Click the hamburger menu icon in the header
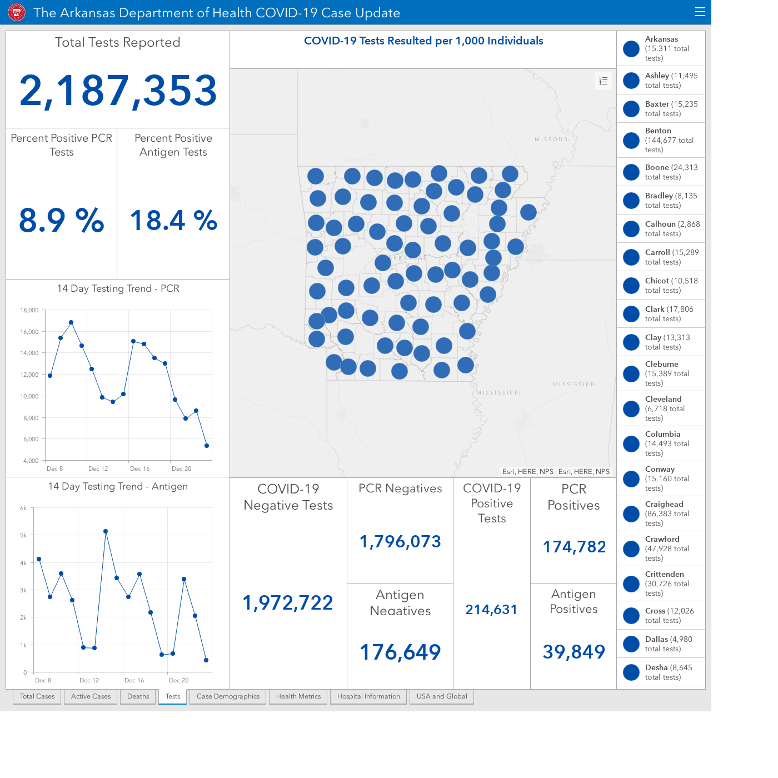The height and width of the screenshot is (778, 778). tap(700, 12)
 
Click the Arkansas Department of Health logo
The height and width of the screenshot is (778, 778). tap(17, 13)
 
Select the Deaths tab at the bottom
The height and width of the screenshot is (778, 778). tap(138, 696)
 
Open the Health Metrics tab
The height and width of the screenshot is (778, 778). tap(298, 696)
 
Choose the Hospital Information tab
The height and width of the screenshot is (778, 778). tap(368, 696)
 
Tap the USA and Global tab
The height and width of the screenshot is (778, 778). tap(442, 696)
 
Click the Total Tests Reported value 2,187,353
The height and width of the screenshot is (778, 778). tap(118, 91)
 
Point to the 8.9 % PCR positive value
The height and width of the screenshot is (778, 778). tap(61, 221)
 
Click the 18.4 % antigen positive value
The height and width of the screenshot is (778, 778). tap(173, 221)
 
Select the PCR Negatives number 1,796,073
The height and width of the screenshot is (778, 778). tap(400, 541)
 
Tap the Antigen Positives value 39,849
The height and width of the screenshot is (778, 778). tap(573, 652)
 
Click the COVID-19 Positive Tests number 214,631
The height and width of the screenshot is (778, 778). tap(491, 609)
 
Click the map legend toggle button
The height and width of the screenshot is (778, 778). tap(603, 81)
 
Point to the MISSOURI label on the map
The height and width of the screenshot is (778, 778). tap(553, 139)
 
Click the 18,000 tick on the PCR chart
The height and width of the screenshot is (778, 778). tap(29, 310)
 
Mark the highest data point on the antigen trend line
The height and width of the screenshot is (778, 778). tap(106, 531)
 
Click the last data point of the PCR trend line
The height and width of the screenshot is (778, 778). tap(207, 446)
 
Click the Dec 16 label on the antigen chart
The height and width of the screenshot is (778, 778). tap(134, 680)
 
